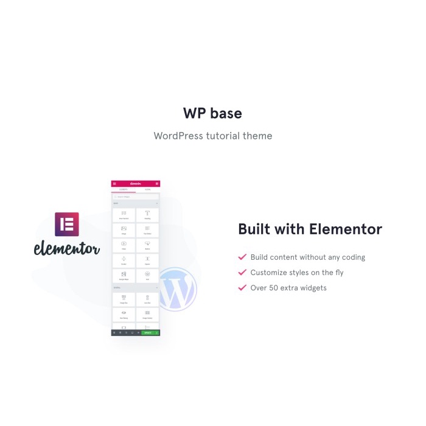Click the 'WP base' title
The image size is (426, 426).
[212, 113]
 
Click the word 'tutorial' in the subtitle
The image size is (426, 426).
[223, 136]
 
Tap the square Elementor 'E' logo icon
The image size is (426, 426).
[67, 224]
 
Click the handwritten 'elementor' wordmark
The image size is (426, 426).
[67, 248]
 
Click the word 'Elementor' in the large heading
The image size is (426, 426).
[346, 229]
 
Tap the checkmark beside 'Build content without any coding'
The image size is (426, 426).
[242, 257]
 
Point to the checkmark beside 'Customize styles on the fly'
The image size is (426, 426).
[242, 272]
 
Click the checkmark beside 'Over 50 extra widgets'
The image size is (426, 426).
[242, 287]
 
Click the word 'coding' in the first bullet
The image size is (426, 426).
[353, 257]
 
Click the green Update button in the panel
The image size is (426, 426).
[148, 333]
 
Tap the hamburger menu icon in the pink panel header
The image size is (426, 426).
[114, 183]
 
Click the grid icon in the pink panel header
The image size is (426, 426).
[157, 183]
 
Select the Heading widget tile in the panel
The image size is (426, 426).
[147, 215]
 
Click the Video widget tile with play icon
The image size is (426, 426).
[124, 246]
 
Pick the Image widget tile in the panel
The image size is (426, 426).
[124, 231]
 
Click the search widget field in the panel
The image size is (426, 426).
[135, 197]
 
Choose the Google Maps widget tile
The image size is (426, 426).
[124, 276]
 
